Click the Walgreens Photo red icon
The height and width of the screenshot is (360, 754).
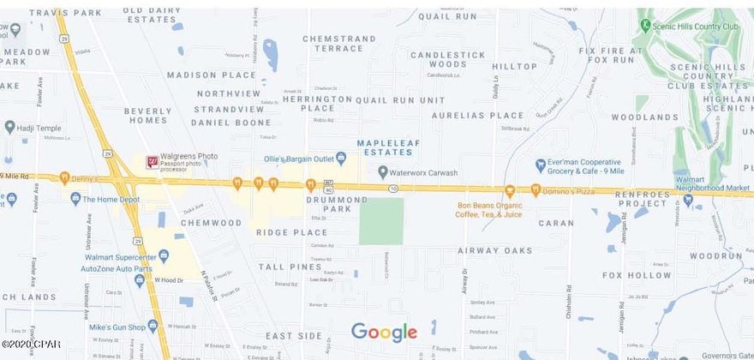coord(153,162)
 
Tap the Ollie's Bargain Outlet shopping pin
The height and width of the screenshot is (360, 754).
coord(341,157)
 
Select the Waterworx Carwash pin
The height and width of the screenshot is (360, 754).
coord(383,172)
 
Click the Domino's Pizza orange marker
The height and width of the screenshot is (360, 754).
coord(536,189)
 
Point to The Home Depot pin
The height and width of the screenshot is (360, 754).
coord(75,199)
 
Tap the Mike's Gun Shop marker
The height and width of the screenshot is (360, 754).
coord(153,326)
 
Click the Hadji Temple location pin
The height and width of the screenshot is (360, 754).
coord(9,127)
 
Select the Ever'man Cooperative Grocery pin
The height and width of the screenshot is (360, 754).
coord(541,165)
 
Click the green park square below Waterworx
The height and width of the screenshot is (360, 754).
coord(380,221)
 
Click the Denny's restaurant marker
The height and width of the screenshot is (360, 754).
coord(64,178)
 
